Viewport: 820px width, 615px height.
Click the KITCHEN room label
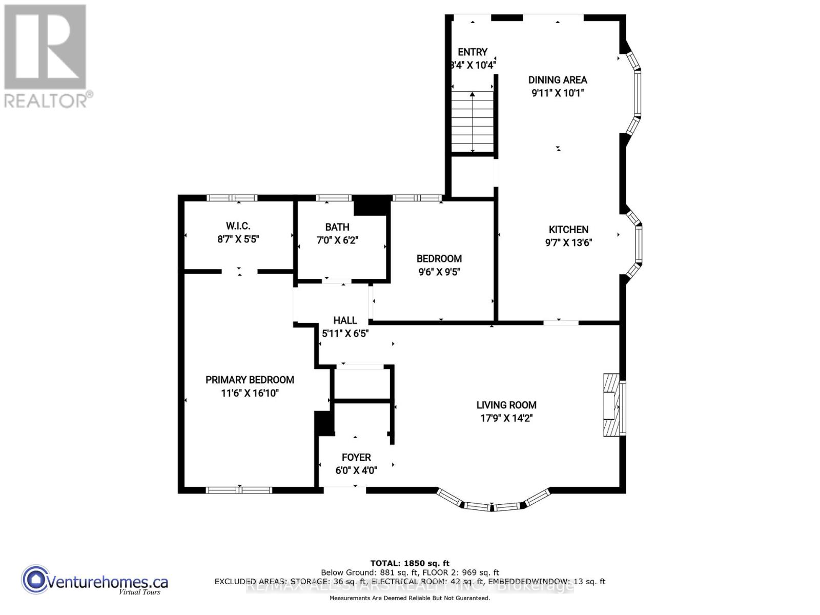tap(568, 230)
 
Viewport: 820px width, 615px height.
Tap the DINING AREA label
tap(558, 80)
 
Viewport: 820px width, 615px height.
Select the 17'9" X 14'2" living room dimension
tap(506, 418)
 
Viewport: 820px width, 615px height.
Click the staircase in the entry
tap(473, 122)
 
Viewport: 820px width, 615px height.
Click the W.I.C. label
tap(238, 226)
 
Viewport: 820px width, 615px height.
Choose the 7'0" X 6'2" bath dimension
tap(337, 240)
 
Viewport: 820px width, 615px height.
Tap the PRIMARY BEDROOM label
tap(250, 380)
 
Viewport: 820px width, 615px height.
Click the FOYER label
tap(356, 457)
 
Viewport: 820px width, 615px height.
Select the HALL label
tap(345, 320)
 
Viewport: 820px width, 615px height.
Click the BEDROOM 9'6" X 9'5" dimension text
tap(439, 272)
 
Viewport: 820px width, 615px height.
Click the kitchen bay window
tap(637, 244)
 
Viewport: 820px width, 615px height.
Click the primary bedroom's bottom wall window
tap(239, 490)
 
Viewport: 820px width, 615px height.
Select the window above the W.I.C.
tap(232, 198)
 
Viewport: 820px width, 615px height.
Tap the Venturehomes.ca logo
tap(95, 582)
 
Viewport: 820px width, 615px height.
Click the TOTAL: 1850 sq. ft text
tap(409, 563)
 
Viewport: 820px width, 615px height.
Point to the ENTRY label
tap(472, 52)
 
